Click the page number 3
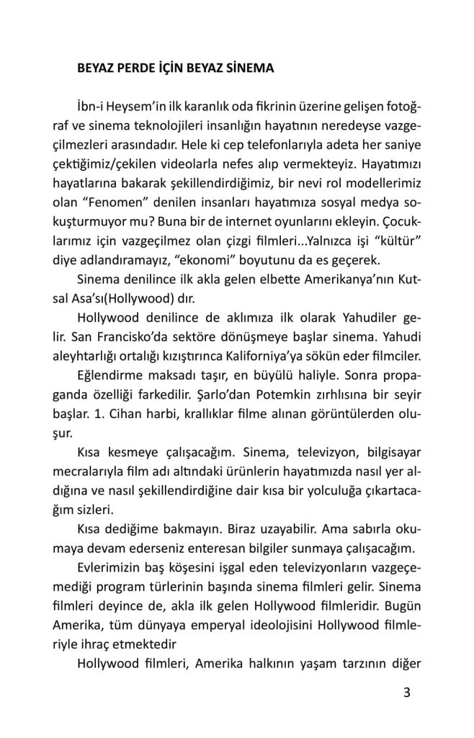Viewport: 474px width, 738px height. click(x=407, y=695)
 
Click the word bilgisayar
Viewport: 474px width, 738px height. click(x=372, y=453)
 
